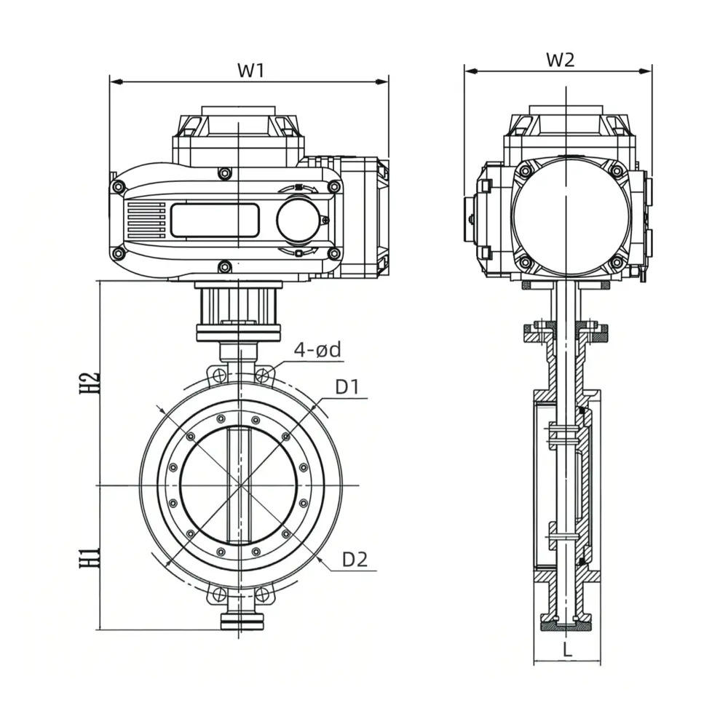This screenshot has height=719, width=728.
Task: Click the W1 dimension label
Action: coord(250,70)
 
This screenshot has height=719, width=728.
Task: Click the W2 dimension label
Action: coord(560,60)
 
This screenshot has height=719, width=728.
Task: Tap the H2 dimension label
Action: coord(89,383)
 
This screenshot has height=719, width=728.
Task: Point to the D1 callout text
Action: coord(347,386)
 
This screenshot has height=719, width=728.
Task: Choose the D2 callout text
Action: coord(355,560)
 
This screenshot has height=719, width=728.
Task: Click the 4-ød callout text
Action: coord(317,350)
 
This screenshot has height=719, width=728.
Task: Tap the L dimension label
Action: coord(567,650)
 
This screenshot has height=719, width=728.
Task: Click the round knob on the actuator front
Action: coord(298,221)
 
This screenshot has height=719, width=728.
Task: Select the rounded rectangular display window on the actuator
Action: coord(215,220)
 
